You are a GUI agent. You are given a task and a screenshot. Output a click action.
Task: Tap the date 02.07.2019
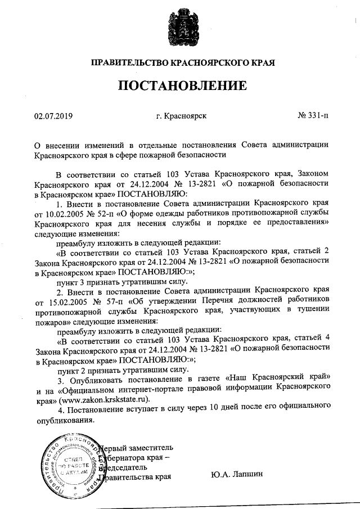[x=54, y=116]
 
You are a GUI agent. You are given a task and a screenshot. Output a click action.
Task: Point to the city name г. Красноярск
[x=182, y=116]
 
